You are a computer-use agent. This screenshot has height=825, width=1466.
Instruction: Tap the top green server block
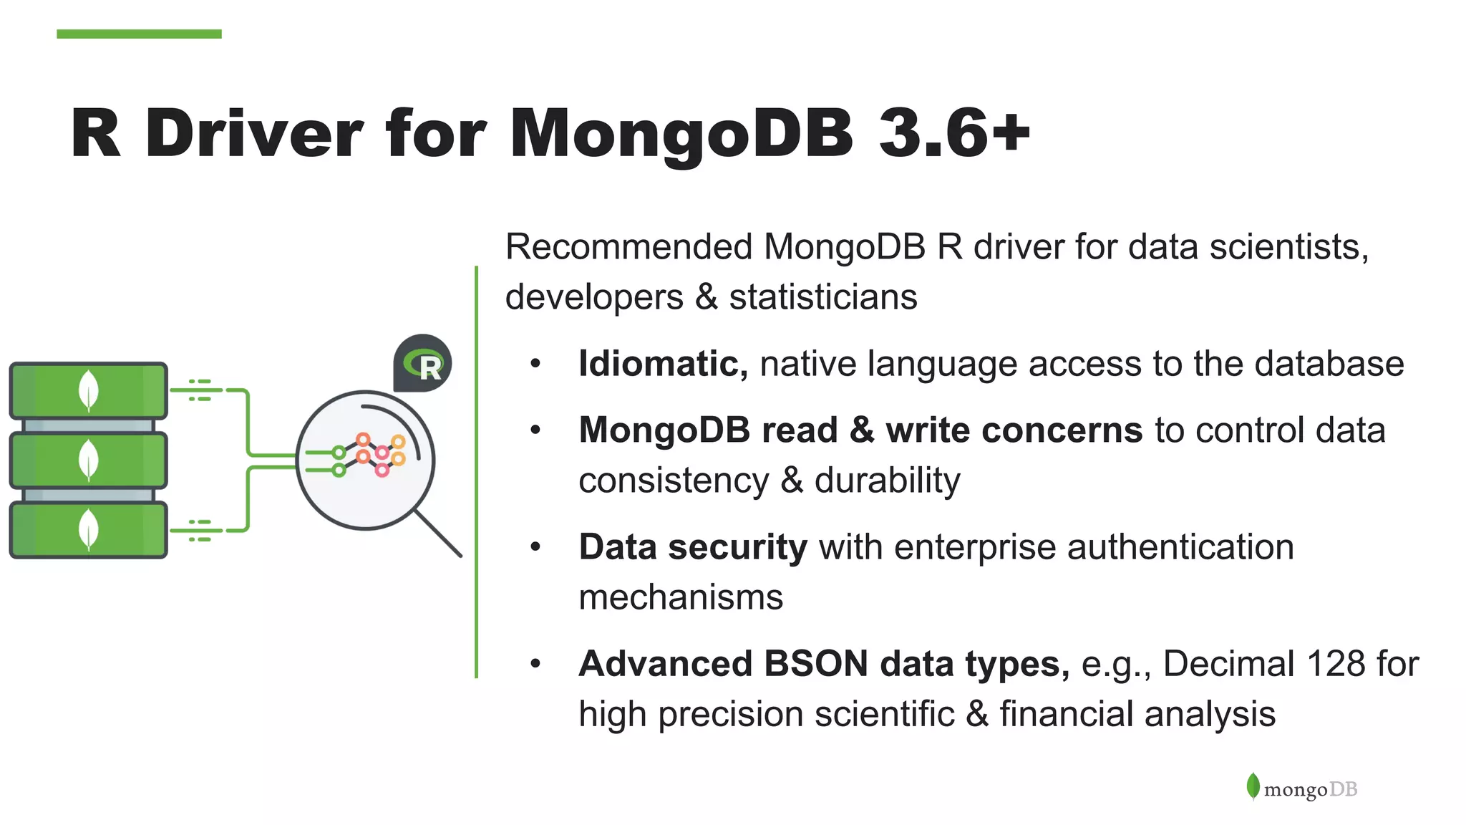tap(88, 390)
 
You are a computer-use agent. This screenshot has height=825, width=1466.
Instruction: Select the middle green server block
tap(88, 460)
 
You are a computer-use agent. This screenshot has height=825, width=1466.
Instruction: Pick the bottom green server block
tap(88, 530)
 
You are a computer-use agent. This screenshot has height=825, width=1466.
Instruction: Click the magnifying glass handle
tap(438, 532)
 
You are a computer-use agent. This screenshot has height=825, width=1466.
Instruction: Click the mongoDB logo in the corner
tap(1301, 788)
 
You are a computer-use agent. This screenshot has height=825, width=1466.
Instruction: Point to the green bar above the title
tap(139, 34)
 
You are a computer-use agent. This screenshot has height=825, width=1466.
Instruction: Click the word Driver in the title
tap(253, 133)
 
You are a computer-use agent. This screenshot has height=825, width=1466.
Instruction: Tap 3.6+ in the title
tap(954, 133)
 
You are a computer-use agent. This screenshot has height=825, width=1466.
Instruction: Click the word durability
tap(887, 481)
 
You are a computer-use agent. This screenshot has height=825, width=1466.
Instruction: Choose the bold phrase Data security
tap(692, 547)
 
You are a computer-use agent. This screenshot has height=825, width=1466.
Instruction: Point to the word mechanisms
tap(680, 597)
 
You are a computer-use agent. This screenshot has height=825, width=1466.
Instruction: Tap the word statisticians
tap(822, 297)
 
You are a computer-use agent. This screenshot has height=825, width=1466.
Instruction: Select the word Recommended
tap(628, 247)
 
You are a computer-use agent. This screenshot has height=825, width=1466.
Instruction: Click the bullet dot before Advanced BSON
tap(535, 664)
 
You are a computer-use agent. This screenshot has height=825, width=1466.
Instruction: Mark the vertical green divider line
tap(476, 473)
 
